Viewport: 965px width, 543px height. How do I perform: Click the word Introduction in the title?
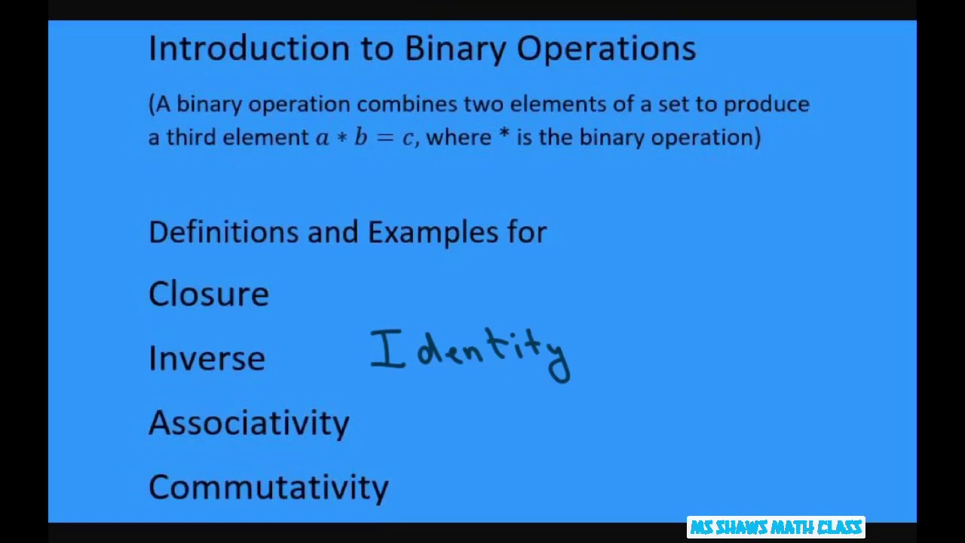[x=249, y=48]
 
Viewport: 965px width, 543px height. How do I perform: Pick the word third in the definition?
[x=191, y=137]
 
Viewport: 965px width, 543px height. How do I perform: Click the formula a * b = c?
[x=365, y=137]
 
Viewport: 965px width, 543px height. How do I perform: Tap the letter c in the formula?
[x=407, y=139]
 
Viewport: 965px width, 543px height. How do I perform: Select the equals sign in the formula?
[x=384, y=138]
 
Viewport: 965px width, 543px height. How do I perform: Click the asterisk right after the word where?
[x=504, y=136]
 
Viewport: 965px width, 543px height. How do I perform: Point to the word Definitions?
[x=223, y=232]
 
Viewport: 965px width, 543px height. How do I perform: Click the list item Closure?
[x=209, y=294]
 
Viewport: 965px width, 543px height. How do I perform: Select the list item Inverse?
[x=207, y=358]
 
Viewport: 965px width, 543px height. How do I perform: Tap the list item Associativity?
[x=249, y=423]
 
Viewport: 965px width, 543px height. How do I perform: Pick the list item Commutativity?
[x=268, y=487]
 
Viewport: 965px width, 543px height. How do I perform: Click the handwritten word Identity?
[x=470, y=353]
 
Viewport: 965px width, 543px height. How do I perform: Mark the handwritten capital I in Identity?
[x=387, y=349]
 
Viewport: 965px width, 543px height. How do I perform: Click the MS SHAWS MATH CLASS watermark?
[x=776, y=527]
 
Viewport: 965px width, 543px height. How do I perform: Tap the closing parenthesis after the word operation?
[x=757, y=137]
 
